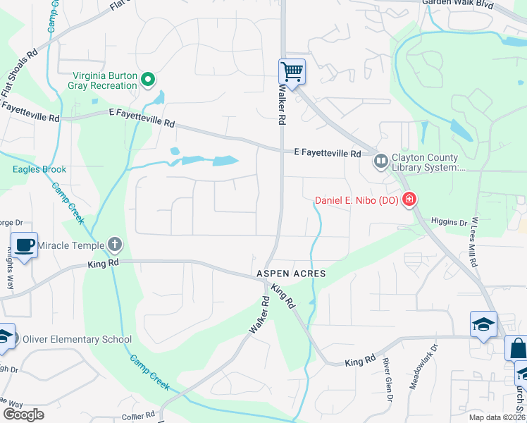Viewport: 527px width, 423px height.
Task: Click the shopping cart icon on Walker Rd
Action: pyautogui.click(x=292, y=70)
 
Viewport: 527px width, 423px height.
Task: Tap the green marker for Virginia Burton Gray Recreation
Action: pyautogui.click(x=148, y=80)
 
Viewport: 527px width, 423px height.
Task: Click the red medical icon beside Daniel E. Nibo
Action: pyautogui.click(x=409, y=201)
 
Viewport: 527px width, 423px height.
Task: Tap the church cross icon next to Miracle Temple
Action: pyautogui.click(x=116, y=245)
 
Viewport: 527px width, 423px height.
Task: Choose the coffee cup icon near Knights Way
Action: pyautogui.click(x=25, y=245)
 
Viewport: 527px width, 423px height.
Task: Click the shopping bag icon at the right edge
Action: pyautogui.click(x=516, y=348)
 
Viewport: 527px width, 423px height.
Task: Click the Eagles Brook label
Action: pyautogui.click(x=39, y=169)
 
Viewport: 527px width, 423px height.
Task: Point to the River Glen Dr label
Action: pyautogui.click(x=387, y=379)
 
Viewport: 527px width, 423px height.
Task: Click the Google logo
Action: pyautogui.click(x=23, y=415)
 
